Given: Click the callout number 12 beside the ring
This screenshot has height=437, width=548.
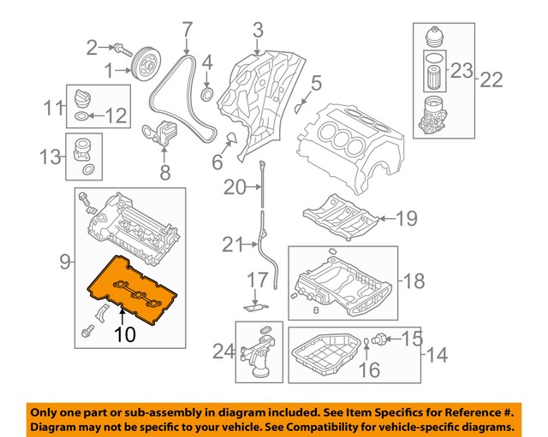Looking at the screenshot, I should (x=114, y=114).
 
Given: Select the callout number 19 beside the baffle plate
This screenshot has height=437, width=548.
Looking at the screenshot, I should (x=405, y=219).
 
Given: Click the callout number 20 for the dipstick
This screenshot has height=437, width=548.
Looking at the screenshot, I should (x=234, y=186).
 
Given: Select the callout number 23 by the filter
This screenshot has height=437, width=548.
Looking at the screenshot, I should (x=462, y=70).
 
